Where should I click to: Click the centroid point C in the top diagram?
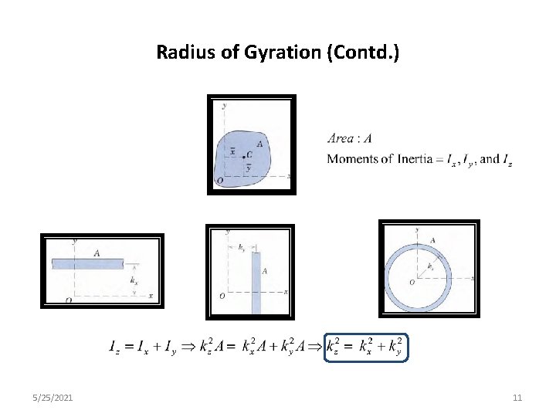(243, 154)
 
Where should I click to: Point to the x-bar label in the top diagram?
(233, 151)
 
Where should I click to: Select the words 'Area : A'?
(350, 139)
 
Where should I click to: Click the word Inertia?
(420, 159)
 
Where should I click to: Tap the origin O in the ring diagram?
(412, 283)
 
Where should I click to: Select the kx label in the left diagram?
(134, 281)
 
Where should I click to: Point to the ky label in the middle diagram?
(242, 248)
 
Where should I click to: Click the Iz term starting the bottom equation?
(114, 347)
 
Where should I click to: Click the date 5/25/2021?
(53, 398)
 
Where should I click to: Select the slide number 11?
(517, 398)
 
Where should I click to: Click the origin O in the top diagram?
(220, 181)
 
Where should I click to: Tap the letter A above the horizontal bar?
(97, 253)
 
